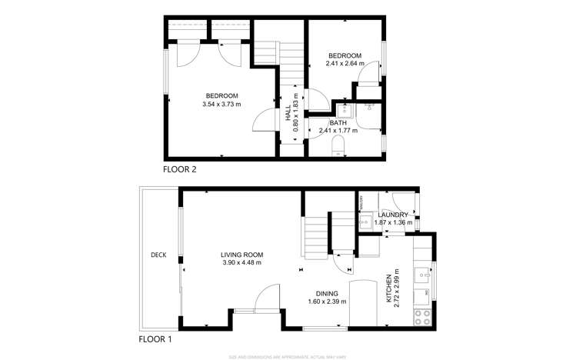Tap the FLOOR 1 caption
pyautogui.click(x=156, y=338)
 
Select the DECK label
pyautogui.click(x=158, y=255)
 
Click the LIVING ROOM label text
pyautogui.click(x=241, y=255)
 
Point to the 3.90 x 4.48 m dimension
pyautogui.click(x=241, y=263)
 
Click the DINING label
pyautogui.click(x=327, y=293)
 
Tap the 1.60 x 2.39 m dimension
pyautogui.click(x=327, y=302)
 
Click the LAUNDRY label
pyautogui.click(x=392, y=215)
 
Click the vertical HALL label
pyautogui.click(x=288, y=115)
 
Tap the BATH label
pyautogui.click(x=338, y=123)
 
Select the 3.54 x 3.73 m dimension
pyautogui.click(x=221, y=104)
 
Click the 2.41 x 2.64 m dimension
pyautogui.click(x=345, y=64)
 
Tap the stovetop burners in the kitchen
pyautogui.click(x=421, y=315)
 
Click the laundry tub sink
pyautogui.click(x=365, y=222)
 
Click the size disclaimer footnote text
pyautogui.click(x=288, y=356)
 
